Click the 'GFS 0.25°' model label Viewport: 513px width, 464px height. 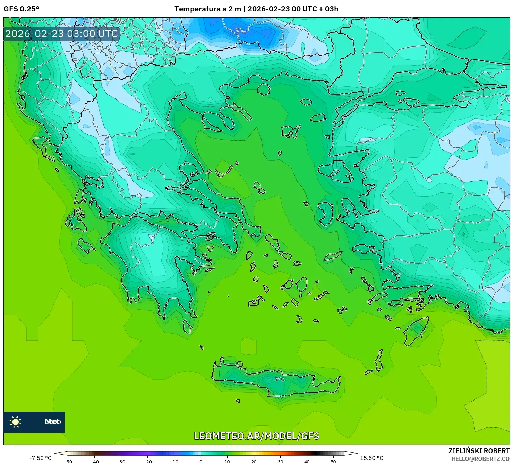click(21, 9)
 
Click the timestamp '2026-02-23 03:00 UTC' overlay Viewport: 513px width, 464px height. click(61, 34)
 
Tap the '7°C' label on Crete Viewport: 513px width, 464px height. click(280, 379)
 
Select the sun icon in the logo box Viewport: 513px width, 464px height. click(16, 422)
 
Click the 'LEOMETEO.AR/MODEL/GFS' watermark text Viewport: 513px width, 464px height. click(256, 436)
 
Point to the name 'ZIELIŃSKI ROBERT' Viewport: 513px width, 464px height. click(479, 451)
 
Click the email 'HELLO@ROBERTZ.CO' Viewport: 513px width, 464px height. click(480, 458)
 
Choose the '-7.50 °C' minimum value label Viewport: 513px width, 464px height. click(40, 458)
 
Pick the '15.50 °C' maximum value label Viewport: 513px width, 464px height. click(371, 458)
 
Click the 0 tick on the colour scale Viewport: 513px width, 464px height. click(201, 461)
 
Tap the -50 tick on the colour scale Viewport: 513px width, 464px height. click(68, 461)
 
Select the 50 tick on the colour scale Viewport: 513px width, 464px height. click(333, 461)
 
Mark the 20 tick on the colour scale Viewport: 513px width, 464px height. click(254, 461)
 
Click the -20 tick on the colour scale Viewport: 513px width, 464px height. click(148, 461)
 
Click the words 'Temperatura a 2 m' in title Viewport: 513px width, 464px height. click(207, 9)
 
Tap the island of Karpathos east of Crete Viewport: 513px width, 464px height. click(379, 361)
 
